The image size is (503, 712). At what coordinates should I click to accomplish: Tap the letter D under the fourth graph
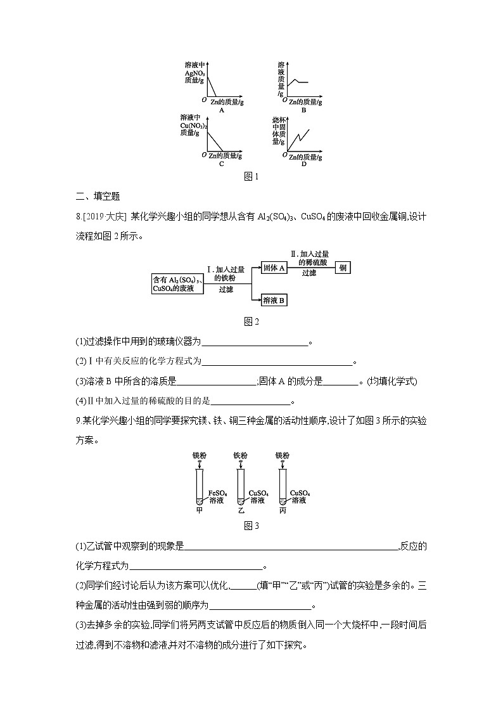tap(303, 164)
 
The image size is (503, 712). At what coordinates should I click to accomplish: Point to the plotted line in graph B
tap(298, 82)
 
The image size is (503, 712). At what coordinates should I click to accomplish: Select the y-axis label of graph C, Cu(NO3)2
tap(193, 125)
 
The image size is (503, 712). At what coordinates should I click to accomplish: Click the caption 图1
tap(251, 177)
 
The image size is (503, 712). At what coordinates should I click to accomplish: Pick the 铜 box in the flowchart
tap(342, 268)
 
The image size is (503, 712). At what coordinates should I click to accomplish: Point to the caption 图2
tap(251, 321)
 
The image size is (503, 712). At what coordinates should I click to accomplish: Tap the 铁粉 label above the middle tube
tap(241, 455)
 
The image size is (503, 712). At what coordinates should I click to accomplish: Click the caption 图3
tap(251, 526)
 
